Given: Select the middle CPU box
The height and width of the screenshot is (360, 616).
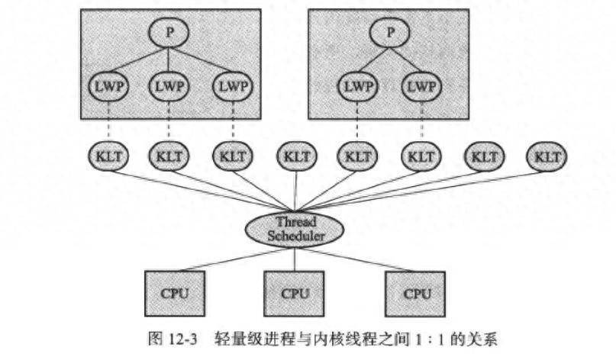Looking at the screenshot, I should pos(295,293).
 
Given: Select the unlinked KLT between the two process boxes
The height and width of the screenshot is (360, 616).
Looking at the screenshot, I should pos(295,157).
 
